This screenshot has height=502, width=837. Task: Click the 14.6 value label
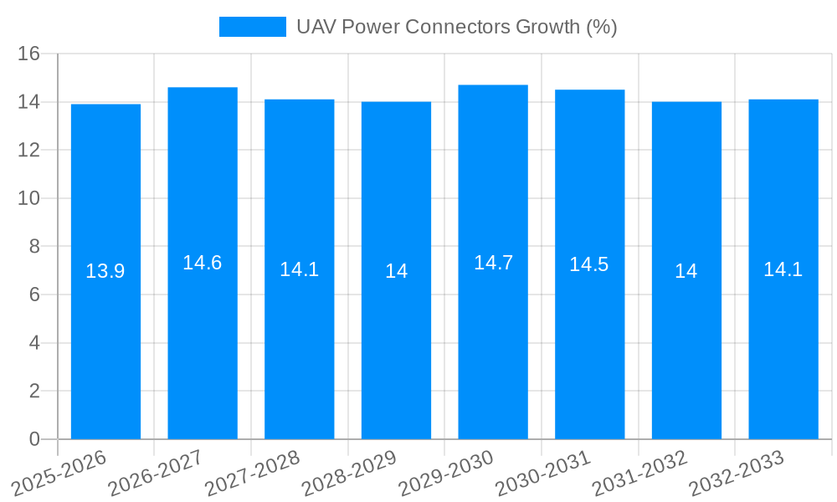(203, 263)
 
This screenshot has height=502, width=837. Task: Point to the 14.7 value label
(493, 263)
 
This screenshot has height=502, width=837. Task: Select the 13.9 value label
(105, 271)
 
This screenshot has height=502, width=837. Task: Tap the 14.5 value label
(589, 264)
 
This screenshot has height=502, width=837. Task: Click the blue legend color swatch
(252, 27)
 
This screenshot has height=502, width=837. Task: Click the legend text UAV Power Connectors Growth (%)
(456, 27)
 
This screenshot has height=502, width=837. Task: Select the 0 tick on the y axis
(34, 439)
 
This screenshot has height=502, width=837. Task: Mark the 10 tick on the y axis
(29, 198)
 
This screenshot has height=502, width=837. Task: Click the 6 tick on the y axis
(34, 295)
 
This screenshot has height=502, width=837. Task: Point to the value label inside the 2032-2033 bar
(783, 269)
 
